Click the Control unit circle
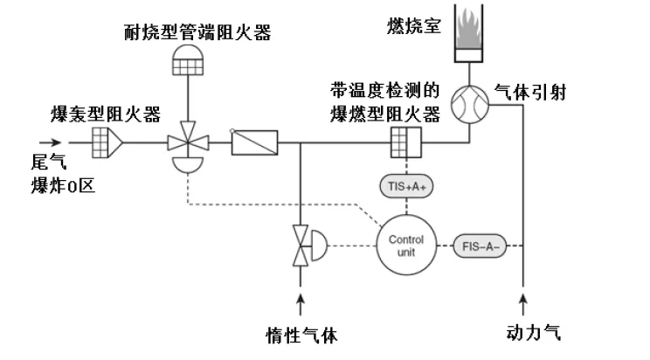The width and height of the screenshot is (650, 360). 405,244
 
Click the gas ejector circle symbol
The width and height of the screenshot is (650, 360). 473,107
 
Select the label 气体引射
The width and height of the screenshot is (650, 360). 531,91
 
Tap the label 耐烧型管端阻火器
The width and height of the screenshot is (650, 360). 197,33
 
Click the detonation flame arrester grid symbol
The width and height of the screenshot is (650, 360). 107,140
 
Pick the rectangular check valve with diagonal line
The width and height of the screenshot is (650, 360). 254,141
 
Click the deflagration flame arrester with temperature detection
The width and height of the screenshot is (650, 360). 405,141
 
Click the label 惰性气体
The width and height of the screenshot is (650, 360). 301,336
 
